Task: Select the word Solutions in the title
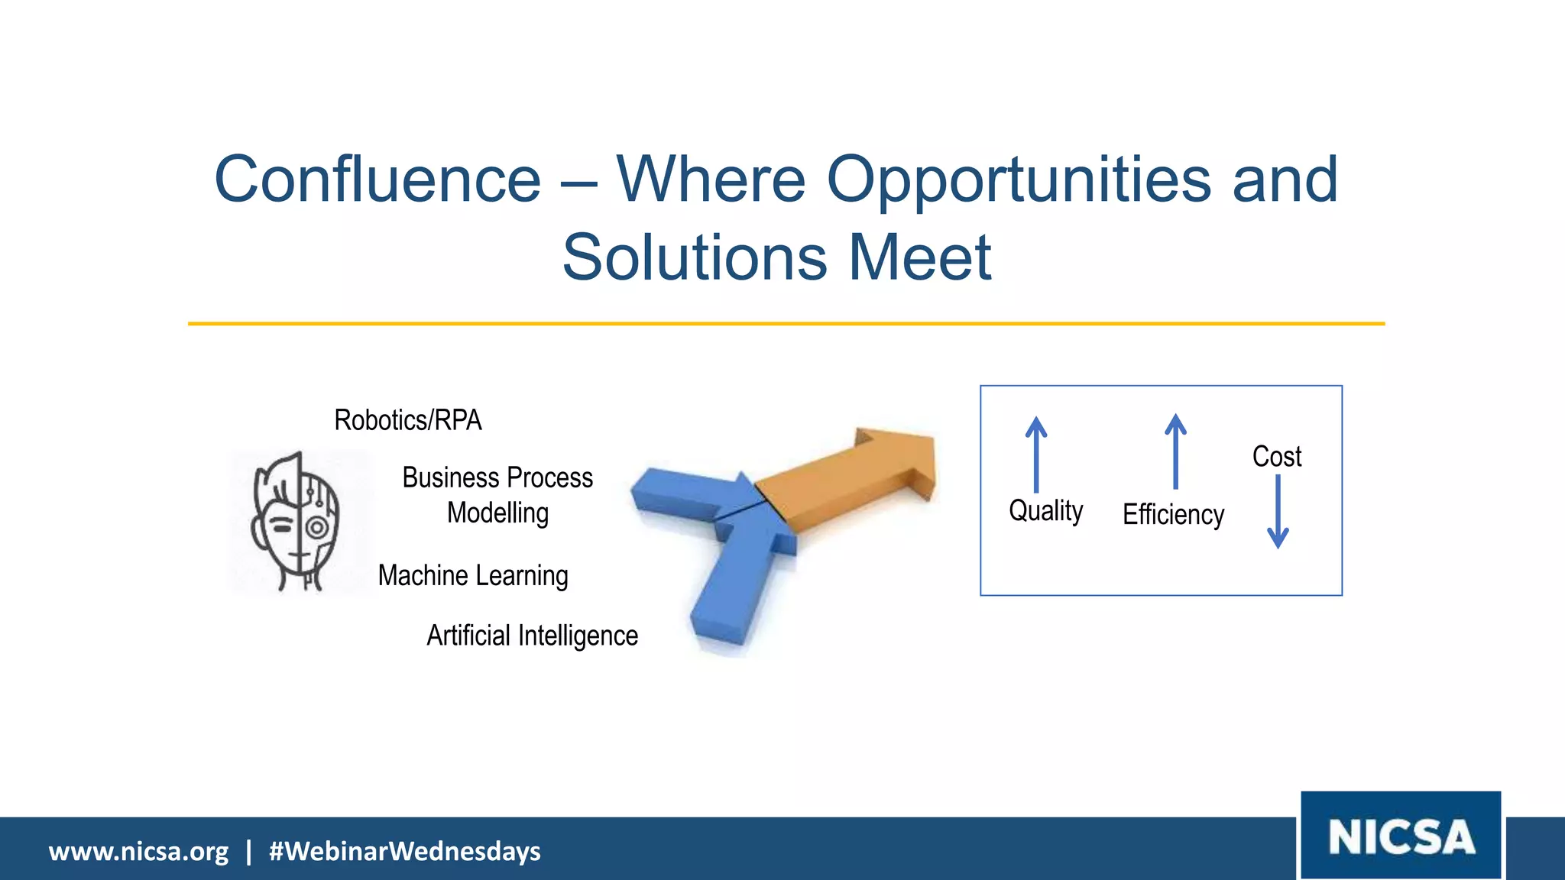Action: pos(695,257)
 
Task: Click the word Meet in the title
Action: pos(920,257)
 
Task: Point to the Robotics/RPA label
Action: pos(408,420)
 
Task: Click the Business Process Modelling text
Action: pos(497,495)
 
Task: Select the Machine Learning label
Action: pos(473,575)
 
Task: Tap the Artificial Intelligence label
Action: pos(532,636)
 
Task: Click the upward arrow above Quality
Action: pos(1036,455)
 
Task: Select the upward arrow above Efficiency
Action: pos(1175,451)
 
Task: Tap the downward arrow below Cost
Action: pos(1278,512)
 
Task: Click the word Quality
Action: pos(1045,510)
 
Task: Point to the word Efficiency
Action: pos(1173,514)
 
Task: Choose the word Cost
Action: pos(1277,456)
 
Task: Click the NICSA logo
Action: pos(1401,836)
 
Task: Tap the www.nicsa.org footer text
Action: pos(138,851)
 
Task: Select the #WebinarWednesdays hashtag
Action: pos(404,851)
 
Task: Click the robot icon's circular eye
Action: pos(317,527)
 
